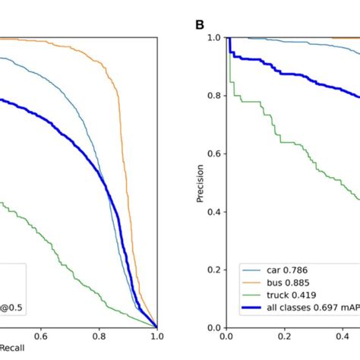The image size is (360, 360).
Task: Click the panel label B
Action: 200,24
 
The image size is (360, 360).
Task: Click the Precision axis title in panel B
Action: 199,182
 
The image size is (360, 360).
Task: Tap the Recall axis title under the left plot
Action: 12,353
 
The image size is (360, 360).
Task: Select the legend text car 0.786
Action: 279,268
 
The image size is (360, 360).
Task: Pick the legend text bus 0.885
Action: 280,281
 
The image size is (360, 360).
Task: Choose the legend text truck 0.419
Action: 283,294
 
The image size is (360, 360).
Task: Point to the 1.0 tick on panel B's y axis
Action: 213,38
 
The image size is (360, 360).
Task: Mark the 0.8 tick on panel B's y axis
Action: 213,96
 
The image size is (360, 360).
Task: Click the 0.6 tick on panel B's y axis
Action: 213,153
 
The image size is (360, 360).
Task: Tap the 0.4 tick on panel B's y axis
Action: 213,212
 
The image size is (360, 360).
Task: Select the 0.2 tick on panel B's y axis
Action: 213,270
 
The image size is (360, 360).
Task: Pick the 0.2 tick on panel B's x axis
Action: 283,339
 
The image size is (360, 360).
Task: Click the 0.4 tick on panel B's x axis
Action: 341,339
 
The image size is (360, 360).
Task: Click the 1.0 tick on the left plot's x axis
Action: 156,339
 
